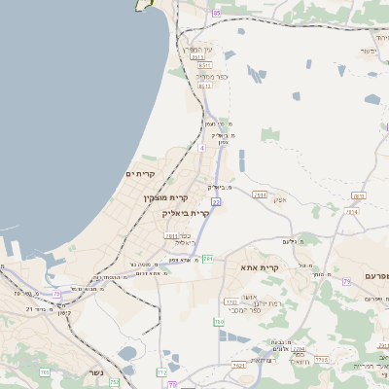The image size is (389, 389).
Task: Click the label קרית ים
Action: pos(141,173)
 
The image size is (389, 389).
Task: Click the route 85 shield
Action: pos(216,13)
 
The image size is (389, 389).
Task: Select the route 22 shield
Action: pos(216,201)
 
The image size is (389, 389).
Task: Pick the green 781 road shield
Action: pos(207,258)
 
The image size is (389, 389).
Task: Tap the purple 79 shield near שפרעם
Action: pos(345,281)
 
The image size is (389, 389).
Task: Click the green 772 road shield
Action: pos(161,372)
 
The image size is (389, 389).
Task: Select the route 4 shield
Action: pos(201,148)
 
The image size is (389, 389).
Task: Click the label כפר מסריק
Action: pos(210,75)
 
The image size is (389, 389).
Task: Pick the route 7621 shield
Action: pos(239,366)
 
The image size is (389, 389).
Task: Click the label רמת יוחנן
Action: pos(254,303)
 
